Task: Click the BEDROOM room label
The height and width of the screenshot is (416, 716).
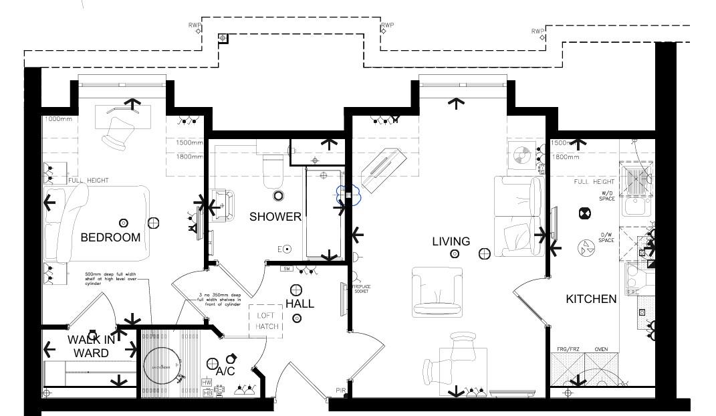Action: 110,237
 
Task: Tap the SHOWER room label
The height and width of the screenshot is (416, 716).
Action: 275,217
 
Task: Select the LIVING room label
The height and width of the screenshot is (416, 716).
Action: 451,241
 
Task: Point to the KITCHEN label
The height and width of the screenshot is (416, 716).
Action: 591,299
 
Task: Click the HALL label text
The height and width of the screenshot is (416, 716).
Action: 300,304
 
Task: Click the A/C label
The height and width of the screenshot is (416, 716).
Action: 225,371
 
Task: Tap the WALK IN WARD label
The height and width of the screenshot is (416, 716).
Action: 91,346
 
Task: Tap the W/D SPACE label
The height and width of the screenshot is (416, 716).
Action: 606,197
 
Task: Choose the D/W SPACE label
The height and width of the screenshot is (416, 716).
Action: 606,237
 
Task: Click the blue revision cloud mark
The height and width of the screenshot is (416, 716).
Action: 348,194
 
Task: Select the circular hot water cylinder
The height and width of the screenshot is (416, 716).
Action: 162,366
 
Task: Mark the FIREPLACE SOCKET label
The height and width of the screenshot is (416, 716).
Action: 361,289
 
